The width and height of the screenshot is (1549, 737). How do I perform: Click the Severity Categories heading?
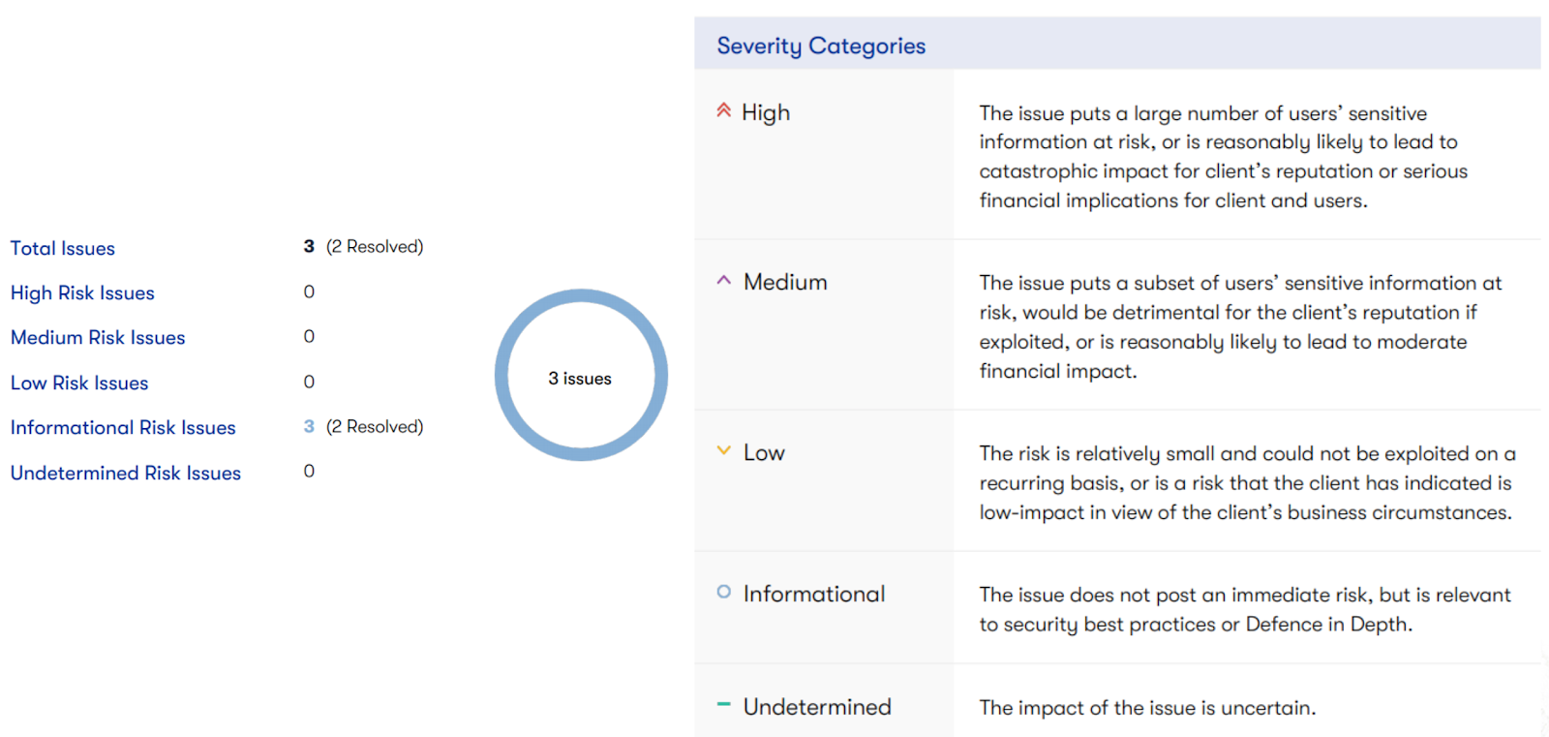(821, 46)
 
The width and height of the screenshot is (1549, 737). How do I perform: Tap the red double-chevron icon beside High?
(724, 110)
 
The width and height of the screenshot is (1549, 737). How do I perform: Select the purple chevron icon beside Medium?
(724, 280)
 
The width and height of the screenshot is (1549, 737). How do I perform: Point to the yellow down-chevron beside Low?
(724, 450)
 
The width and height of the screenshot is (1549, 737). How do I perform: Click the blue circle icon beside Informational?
(724, 592)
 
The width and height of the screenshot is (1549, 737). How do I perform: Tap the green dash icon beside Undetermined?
(724, 704)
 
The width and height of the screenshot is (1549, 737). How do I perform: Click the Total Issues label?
(63, 248)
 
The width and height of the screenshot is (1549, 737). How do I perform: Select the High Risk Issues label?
(82, 292)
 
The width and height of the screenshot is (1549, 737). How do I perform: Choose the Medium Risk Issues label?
(98, 338)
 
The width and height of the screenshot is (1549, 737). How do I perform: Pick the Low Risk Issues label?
(79, 383)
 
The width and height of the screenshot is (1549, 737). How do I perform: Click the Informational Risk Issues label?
(123, 428)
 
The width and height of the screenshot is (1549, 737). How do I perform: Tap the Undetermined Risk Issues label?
(126, 473)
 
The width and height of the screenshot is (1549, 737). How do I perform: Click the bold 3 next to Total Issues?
(309, 246)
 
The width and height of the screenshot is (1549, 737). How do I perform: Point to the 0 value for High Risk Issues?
(309, 292)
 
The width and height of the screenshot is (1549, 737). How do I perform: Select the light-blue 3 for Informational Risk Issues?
(309, 426)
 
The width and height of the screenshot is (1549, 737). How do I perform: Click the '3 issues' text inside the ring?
(580, 379)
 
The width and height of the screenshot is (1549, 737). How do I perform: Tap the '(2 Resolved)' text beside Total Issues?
(375, 246)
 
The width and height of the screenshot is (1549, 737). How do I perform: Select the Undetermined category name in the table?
(817, 707)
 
